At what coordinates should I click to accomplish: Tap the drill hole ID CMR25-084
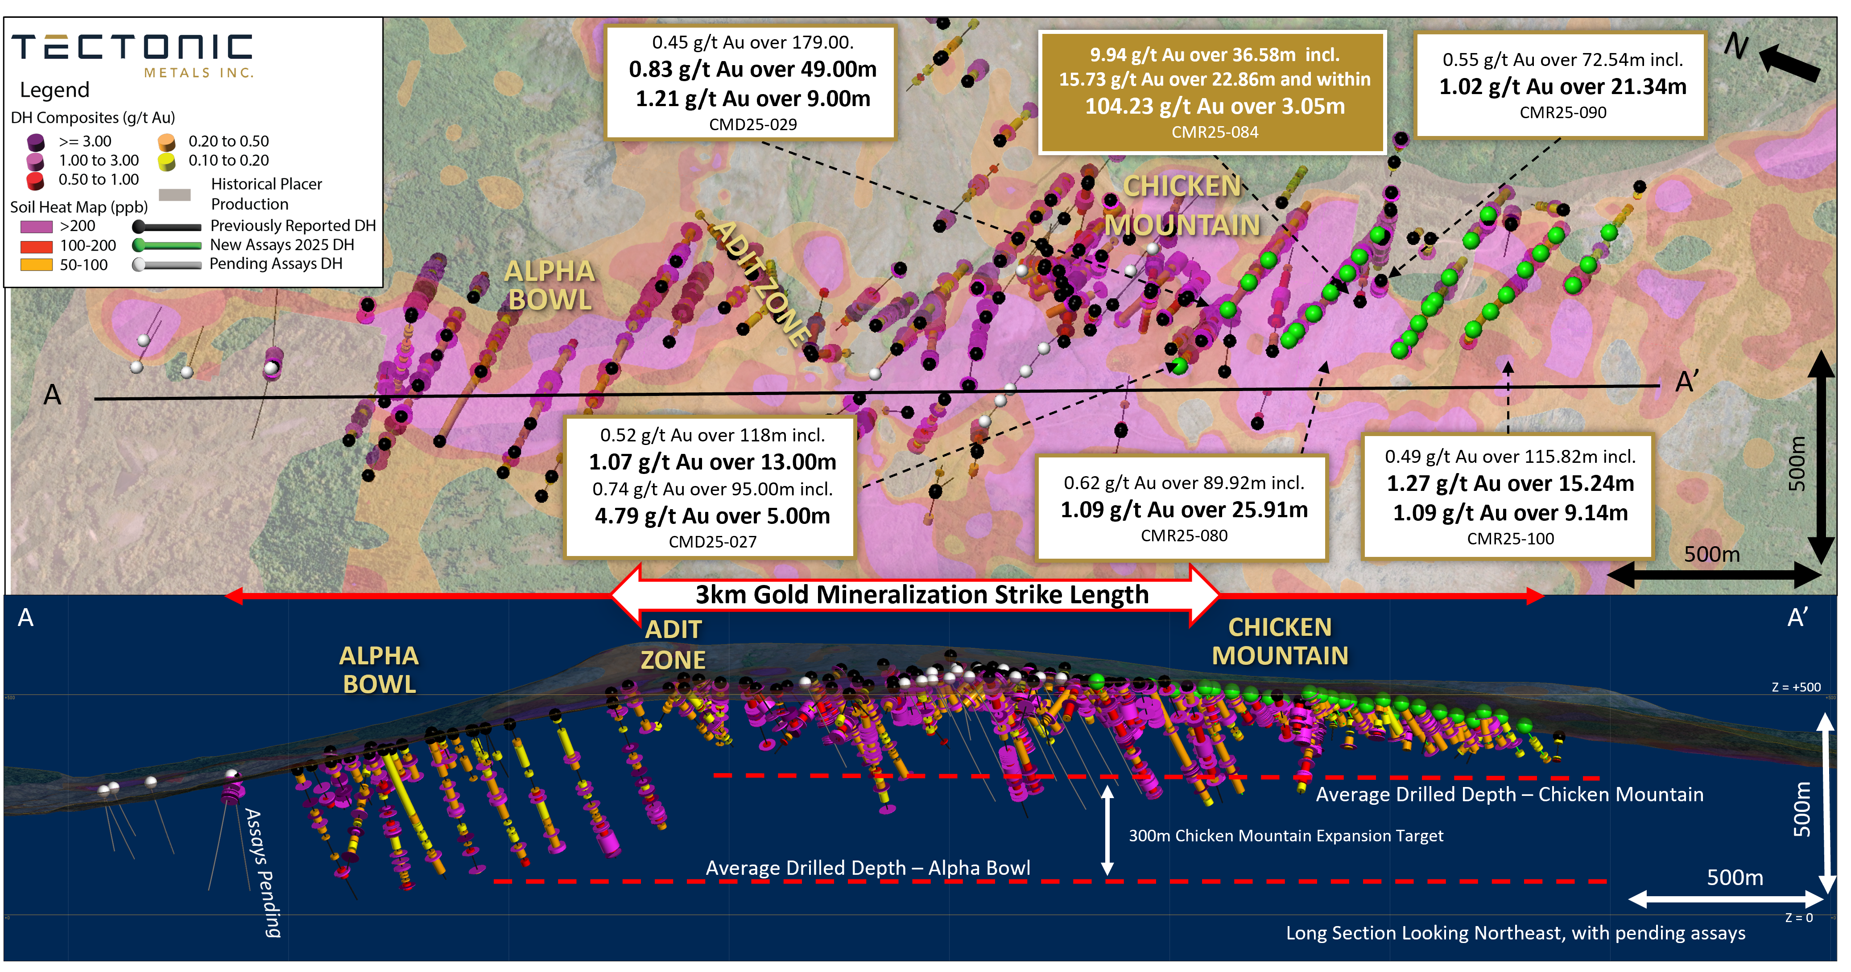1215,132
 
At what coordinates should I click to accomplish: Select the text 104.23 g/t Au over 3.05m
1215,106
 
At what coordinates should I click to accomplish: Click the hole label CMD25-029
752,124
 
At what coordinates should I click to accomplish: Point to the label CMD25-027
712,542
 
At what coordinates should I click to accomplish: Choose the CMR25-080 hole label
1183,535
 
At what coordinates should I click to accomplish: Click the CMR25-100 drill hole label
1510,538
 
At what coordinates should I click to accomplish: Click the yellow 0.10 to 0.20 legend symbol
167,162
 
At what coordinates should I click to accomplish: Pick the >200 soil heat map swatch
36,227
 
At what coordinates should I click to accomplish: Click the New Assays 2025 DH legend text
282,245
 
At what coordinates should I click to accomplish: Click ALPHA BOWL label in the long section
379,670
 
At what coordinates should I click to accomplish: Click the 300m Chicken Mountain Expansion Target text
1285,836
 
